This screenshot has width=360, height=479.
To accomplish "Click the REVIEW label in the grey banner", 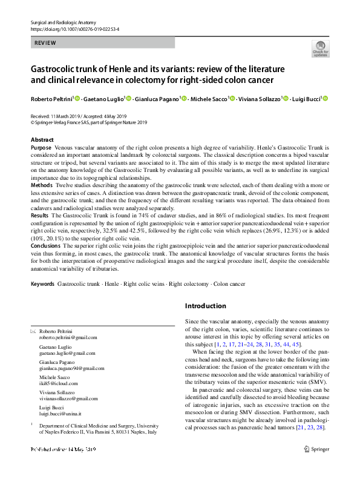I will coord(45,43).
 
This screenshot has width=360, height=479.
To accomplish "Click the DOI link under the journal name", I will coord(74,28).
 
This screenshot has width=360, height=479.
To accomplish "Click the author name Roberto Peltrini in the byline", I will coord(51,99).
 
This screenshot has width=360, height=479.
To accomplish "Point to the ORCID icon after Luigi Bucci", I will coord(324,99).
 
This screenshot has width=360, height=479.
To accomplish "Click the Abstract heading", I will coord(42,140).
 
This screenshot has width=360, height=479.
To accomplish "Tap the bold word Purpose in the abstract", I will coord(41,148).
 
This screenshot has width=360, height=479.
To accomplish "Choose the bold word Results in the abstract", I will coord(41,216).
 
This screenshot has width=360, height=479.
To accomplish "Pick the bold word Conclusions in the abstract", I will coord(47,246).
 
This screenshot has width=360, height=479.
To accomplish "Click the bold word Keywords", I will coord(42,284).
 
